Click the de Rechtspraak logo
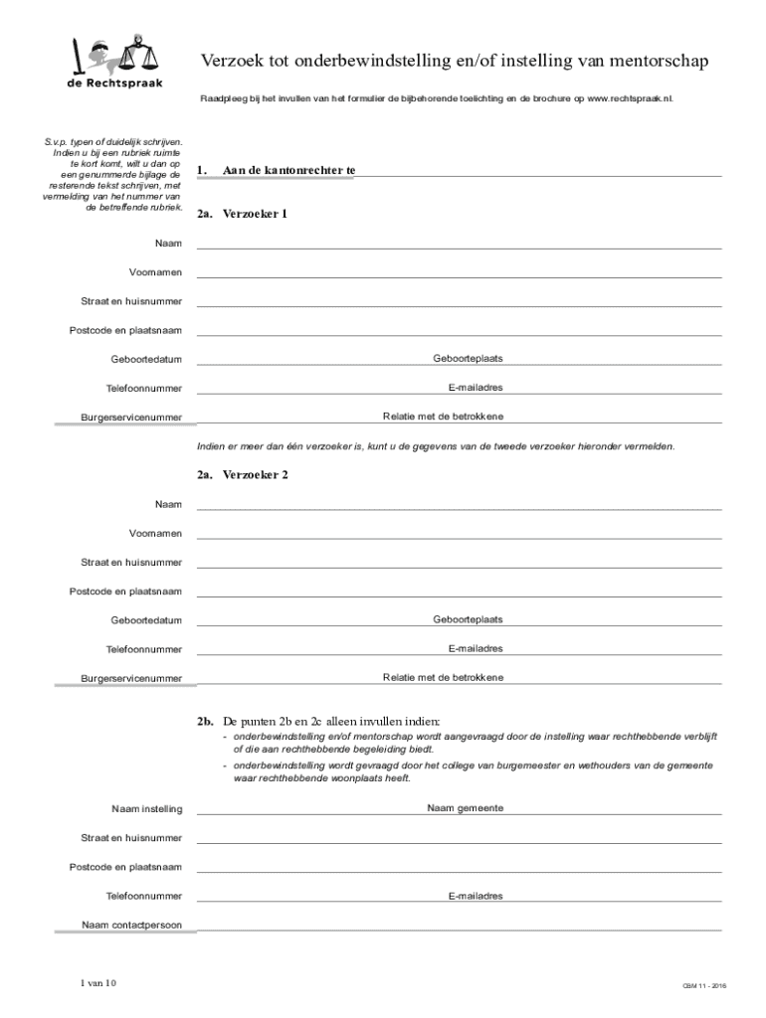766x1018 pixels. coord(114,64)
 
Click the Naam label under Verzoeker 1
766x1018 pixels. coord(168,244)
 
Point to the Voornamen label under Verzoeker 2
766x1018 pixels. coord(155,534)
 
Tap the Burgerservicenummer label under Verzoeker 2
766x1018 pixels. coord(131,679)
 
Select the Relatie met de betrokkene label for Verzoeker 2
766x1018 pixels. coord(443,677)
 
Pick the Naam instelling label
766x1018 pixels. coord(147,809)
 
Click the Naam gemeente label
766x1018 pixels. coord(465,808)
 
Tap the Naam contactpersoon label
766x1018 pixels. coord(132,926)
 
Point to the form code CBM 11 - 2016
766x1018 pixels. coord(704,986)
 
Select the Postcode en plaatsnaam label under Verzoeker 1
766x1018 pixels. coord(125,330)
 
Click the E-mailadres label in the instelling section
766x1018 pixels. coord(475,896)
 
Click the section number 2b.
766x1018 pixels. coord(205,721)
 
